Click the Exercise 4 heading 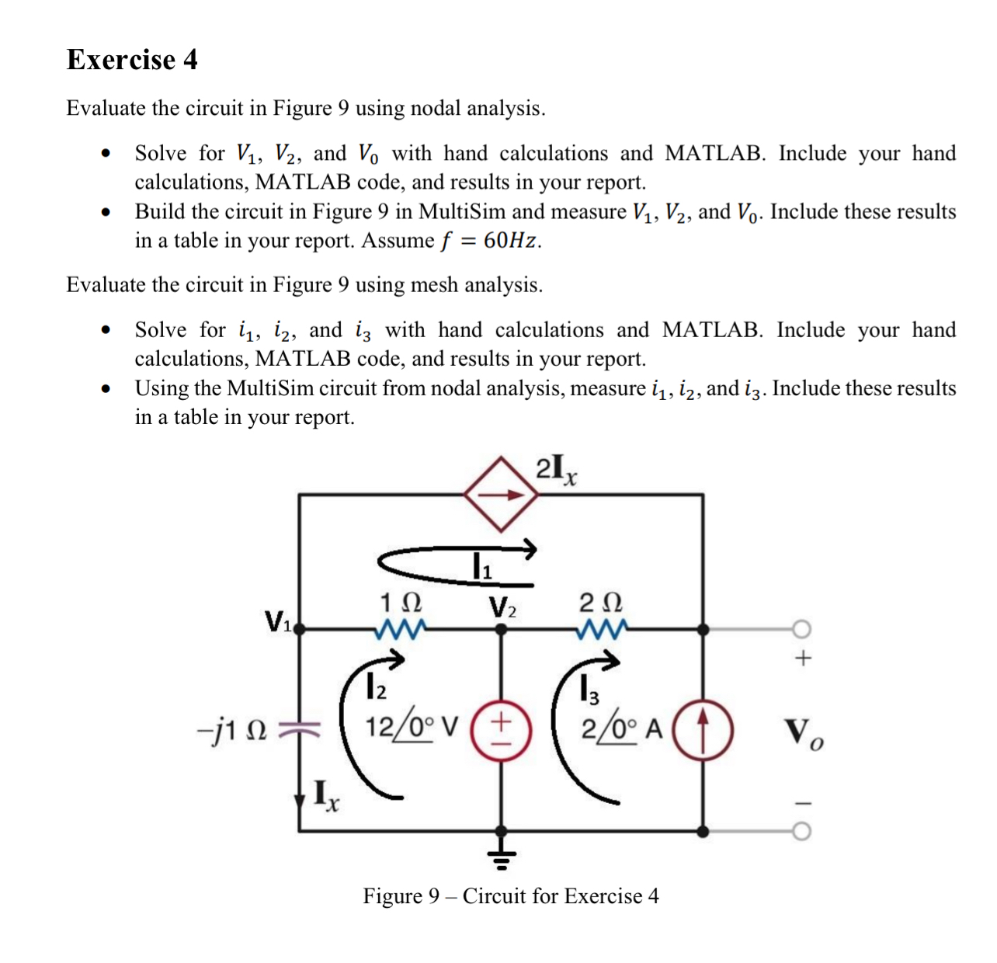tap(132, 60)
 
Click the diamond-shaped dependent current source tap(501, 495)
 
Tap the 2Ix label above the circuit tap(556, 469)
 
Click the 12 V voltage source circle tap(502, 730)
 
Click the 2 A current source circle tap(703, 730)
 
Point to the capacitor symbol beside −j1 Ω tap(300, 729)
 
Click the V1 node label tap(277, 621)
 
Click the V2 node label tap(502, 607)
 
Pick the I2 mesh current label tap(375, 687)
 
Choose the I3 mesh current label tap(589, 688)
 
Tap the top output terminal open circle tap(802, 628)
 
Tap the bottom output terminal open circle tap(802, 832)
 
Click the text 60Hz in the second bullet tap(511, 241)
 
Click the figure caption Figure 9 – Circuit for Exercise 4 tap(510, 896)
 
